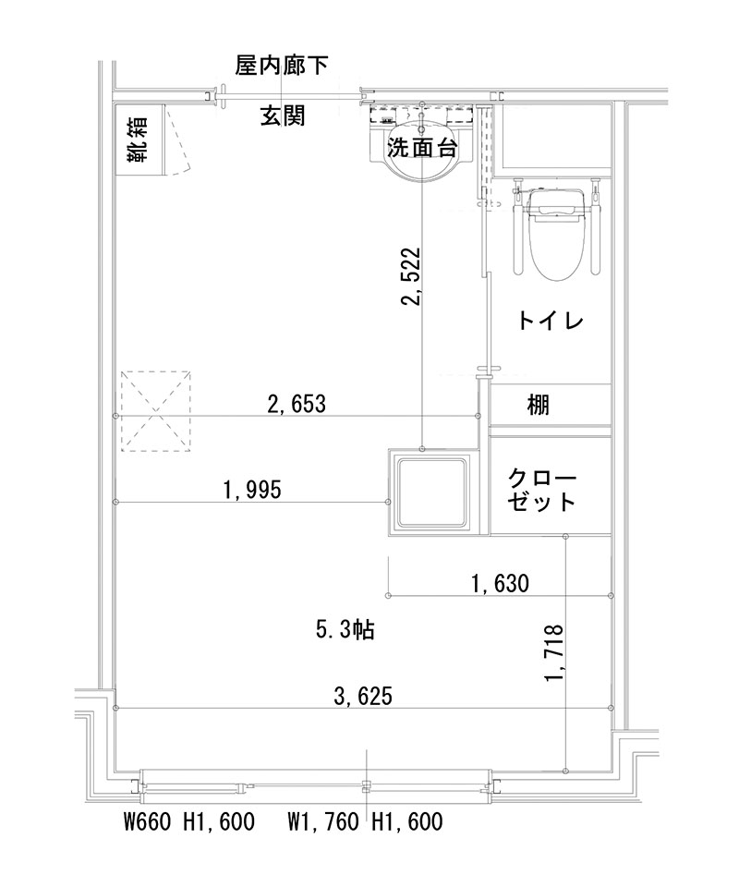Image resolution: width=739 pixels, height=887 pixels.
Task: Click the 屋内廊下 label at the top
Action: point(282,65)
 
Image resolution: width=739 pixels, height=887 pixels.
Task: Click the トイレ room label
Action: point(550,322)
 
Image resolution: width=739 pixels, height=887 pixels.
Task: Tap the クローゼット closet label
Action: point(542,490)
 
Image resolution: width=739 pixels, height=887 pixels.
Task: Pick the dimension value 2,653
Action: point(297,404)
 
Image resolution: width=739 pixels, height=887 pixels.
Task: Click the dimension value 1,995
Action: point(252,490)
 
